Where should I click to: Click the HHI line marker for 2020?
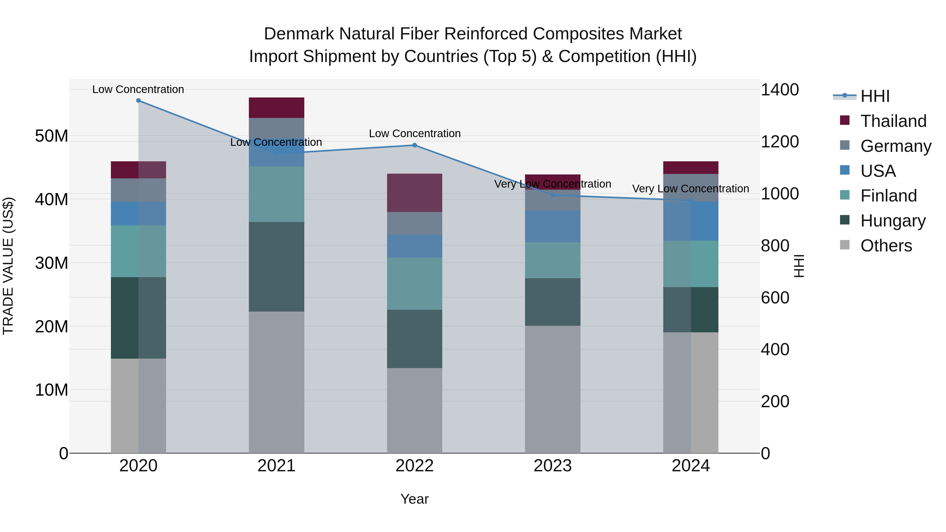(x=138, y=101)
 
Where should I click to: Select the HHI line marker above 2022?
(x=415, y=145)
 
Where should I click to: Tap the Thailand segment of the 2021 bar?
(x=276, y=107)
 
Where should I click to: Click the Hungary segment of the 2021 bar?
(x=276, y=267)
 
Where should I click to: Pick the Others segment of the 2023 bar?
(x=553, y=389)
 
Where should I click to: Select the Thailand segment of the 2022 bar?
(x=415, y=193)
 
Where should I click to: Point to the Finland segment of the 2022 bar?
(x=415, y=284)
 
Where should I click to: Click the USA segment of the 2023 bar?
(x=553, y=226)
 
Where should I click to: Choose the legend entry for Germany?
(x=895, y=146)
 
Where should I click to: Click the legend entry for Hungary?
(x=892, y=221)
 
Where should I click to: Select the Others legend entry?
(x=886, y=246)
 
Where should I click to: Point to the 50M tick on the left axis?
(x=52, y=136)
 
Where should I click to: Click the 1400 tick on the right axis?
(x=779, y=90)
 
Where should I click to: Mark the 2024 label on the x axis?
(x=690, y=466)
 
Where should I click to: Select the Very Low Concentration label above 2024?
(x=690, y=189)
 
